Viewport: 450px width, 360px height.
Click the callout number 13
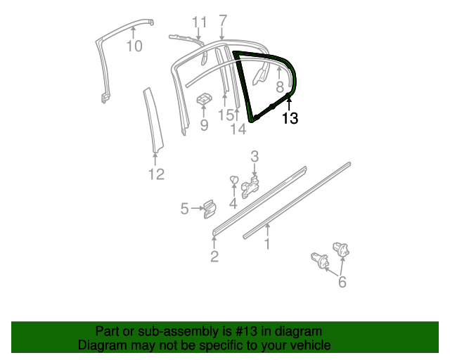[x=290, y=119]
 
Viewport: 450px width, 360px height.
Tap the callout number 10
[x=134, y=46]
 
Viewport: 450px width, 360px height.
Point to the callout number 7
[x=223, y=20]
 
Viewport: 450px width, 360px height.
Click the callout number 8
[x=280, y=87]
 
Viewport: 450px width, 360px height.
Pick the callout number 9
[x=204, y=125]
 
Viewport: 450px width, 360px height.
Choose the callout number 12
[x=156, y=174]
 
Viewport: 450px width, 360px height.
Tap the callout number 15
[x=225, y=114]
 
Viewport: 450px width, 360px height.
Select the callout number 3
[x=255, y=156]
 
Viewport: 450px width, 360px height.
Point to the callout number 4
[x=233, y=204]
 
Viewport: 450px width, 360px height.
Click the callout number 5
[x=184, y=208]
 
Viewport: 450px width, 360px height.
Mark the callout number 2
[x=214, y=257]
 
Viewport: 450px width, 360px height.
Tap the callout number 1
[x=268, y=243]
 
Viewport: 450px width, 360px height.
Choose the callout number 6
[x=342, y=282]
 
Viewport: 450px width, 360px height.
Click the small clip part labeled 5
[x=209, y=207]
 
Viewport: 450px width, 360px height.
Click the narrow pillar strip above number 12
[x=151, y=120]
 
